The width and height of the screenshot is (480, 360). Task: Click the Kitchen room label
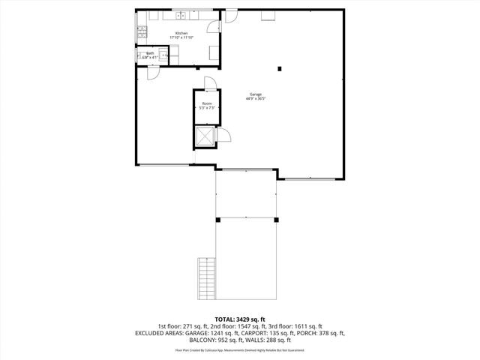(181, 33)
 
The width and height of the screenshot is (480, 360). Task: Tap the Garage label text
(256, 94)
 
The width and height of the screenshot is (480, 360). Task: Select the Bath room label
(150, 53)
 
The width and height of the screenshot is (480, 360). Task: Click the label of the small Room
(206, 103)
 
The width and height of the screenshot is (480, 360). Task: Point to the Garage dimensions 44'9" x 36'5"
(256, 99)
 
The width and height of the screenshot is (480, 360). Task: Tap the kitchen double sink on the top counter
(181, 14)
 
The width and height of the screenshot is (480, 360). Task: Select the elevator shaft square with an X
(204, 136)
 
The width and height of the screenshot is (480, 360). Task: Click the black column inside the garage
(280, 69)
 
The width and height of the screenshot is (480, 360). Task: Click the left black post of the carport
(217, 220)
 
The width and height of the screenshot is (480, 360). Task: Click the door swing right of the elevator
(223, 135)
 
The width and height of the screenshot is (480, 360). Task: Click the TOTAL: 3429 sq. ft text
(239, 319)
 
